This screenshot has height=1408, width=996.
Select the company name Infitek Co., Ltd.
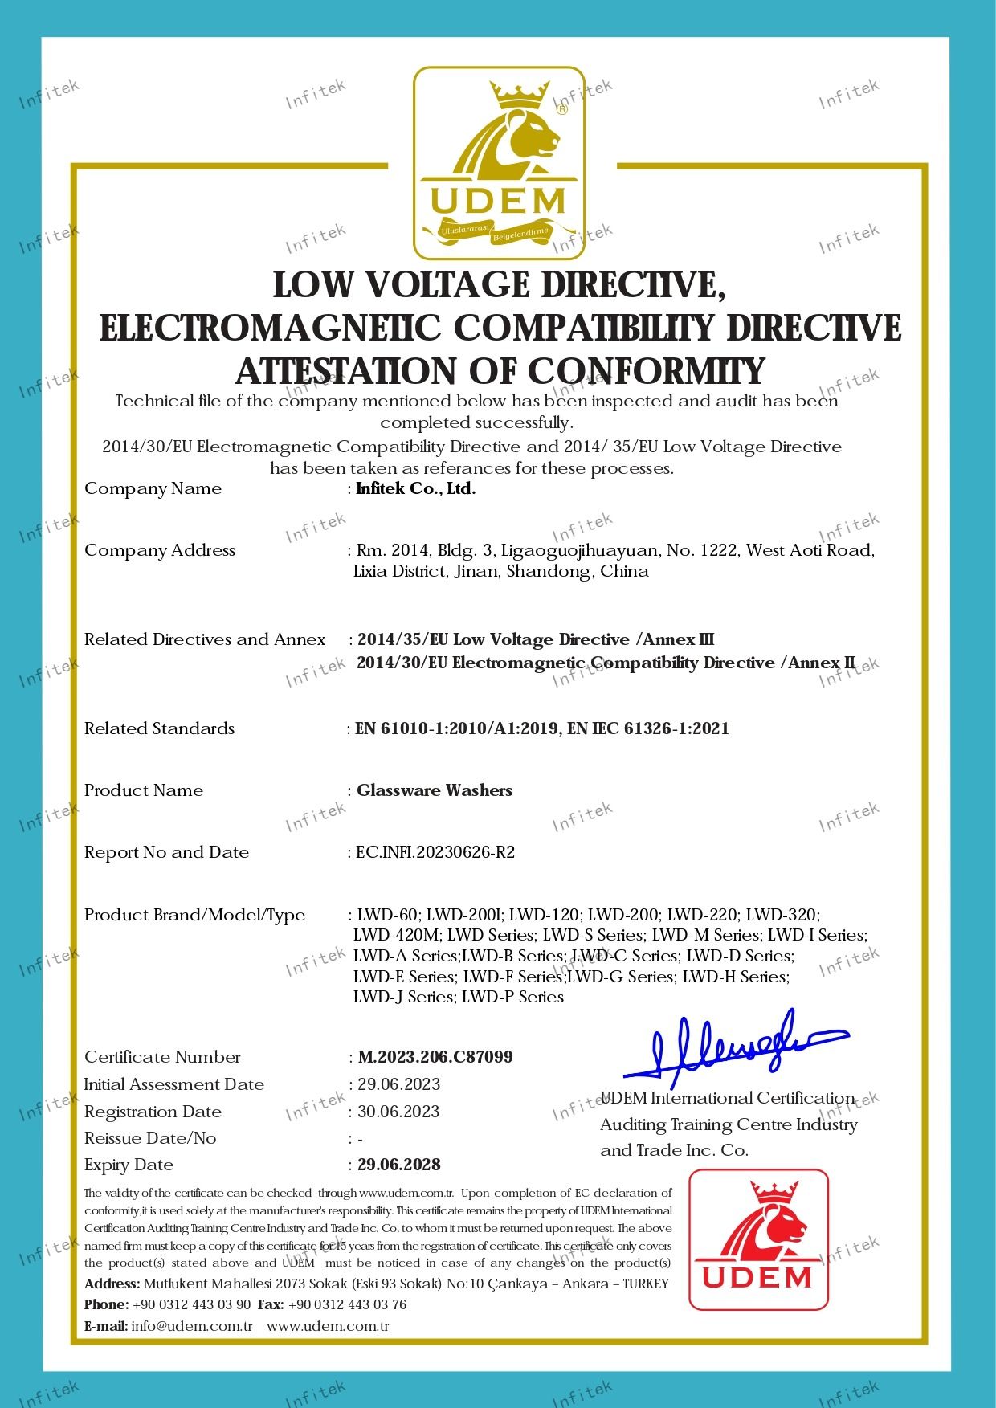tap(416, 488)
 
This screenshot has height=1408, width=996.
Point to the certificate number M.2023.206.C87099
tap(435, 1057)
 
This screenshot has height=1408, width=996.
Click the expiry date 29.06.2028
tap(399, 1165)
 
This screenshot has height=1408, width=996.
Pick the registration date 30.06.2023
tap(398, 1112)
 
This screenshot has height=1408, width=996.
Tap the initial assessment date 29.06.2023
tap(399, 1084)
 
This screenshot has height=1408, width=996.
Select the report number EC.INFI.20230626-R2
tap(435, 852)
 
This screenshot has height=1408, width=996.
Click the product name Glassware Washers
tap(435, 790)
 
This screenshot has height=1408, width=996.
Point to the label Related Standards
tap(159, 728)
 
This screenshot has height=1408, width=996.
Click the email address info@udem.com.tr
tap(192, 1326)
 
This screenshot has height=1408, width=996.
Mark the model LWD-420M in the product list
tap(396, 935)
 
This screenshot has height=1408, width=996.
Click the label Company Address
tap(159, 550)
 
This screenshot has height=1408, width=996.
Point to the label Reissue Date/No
tap(149, 1138)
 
